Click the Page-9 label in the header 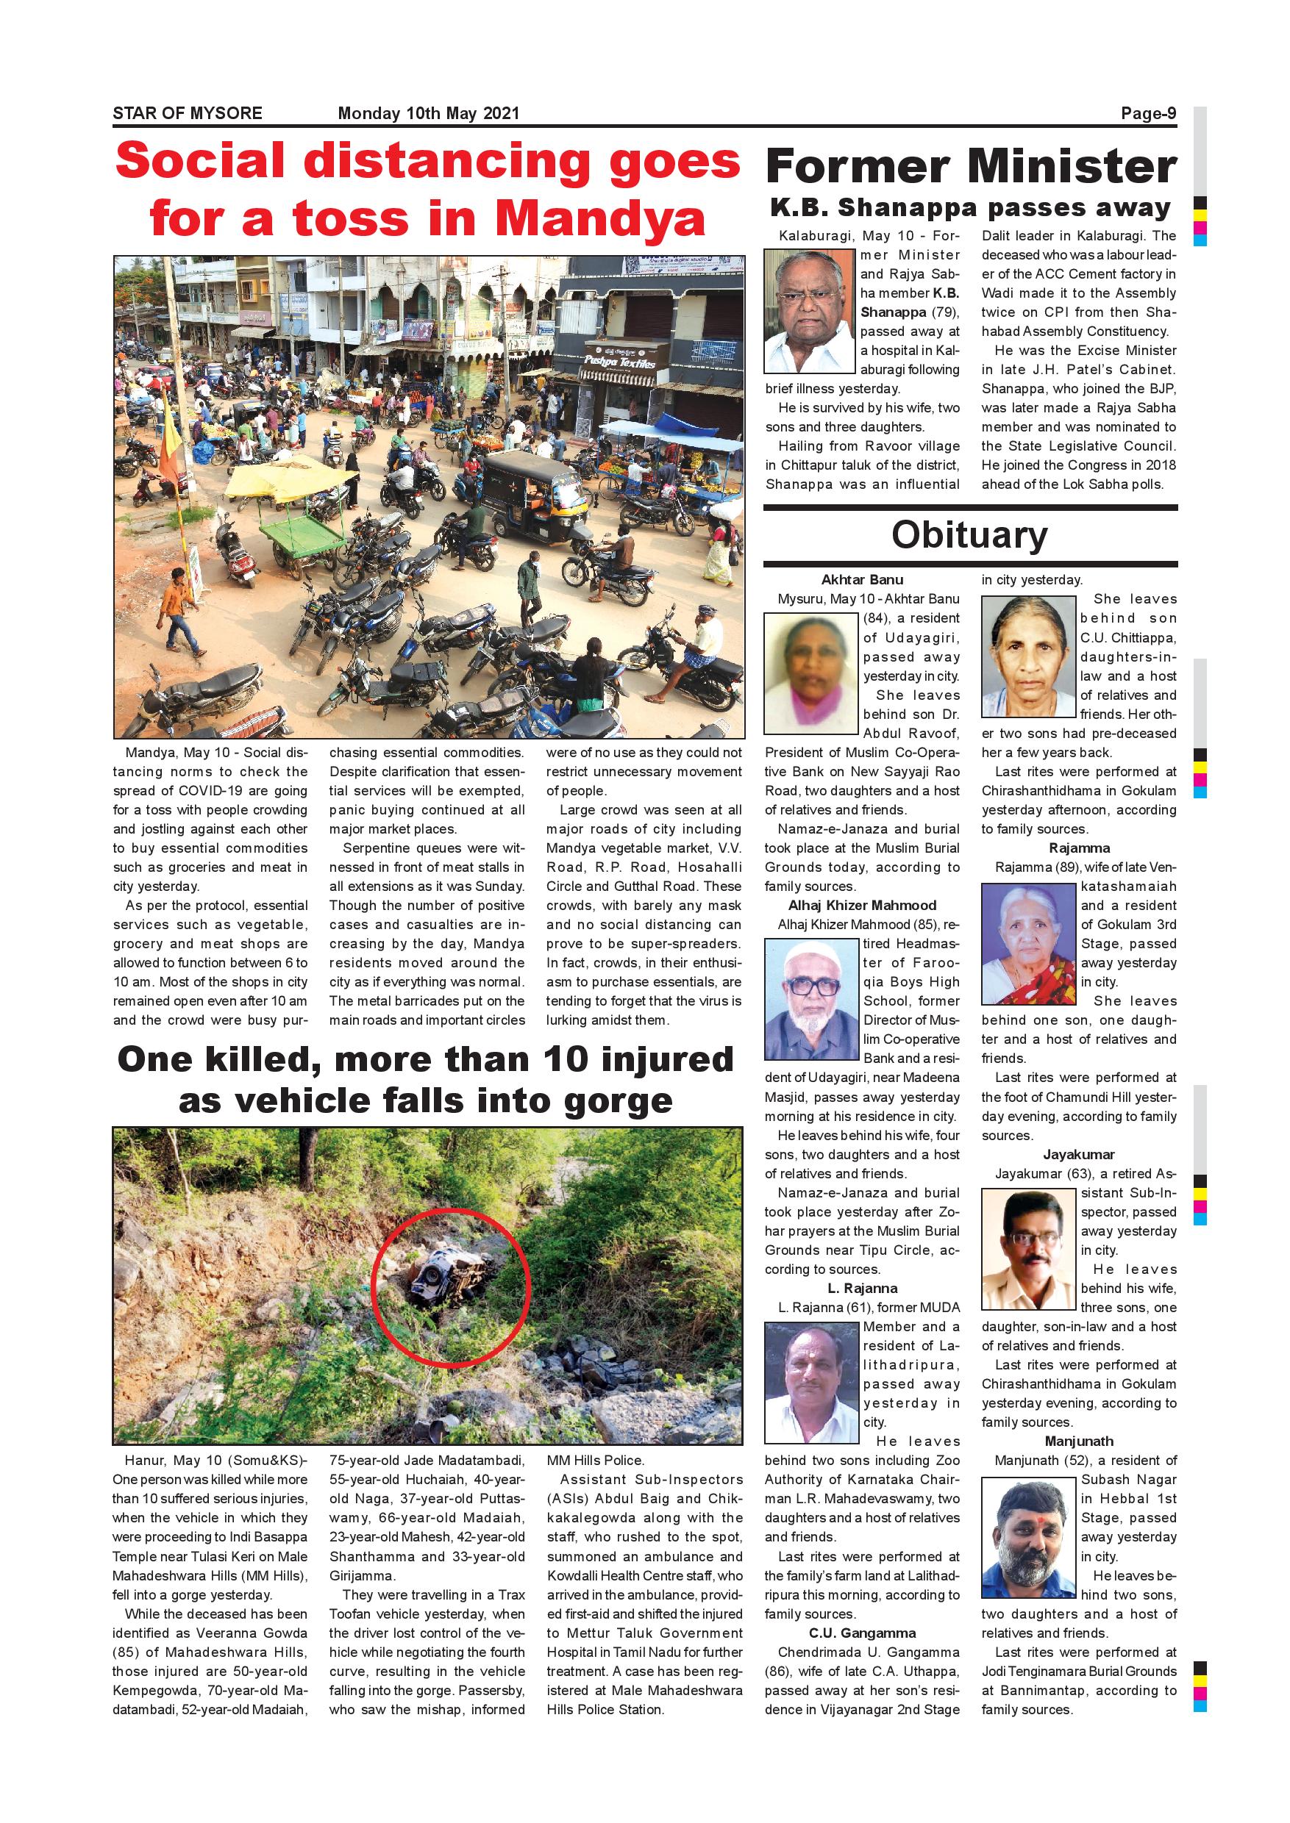[1148, 112]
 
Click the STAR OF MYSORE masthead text [188, 112]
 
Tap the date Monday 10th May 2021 [428, 112]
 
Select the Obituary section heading [969, 534]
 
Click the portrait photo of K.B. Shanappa [810, 311]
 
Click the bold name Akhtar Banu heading [862, 580]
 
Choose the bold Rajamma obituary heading [1079, 848]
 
